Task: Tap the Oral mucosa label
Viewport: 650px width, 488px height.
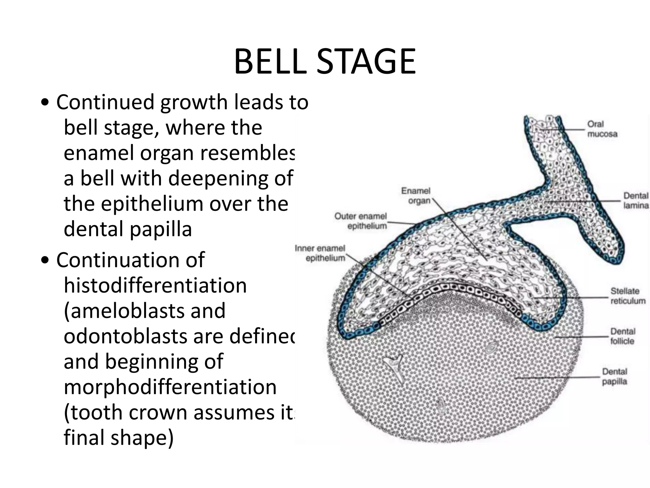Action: pos(602,129)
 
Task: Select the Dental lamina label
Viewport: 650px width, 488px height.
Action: pos(636,200)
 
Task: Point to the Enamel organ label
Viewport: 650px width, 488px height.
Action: pos(415,196)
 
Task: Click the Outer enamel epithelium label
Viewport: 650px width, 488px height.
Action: pos(361,221)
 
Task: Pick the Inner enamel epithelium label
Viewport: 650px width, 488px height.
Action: pos(320,253)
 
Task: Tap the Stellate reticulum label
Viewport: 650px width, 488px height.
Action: pos(628,296)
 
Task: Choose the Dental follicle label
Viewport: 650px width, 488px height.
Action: pos(622,336)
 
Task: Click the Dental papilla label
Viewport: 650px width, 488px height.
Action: pos(614,376)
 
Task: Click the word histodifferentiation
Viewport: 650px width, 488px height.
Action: pos(155,285)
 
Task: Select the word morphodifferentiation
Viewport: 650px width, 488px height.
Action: pos(170,387)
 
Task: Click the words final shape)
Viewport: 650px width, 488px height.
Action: pos(119,438)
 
